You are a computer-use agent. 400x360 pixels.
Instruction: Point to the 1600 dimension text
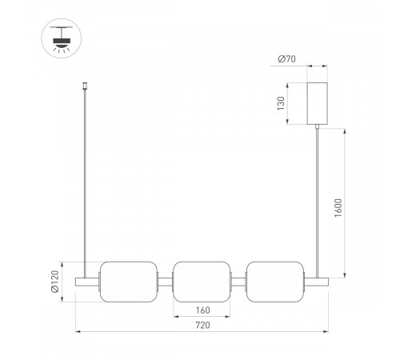340,210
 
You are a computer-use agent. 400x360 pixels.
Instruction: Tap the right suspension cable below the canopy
320,200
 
